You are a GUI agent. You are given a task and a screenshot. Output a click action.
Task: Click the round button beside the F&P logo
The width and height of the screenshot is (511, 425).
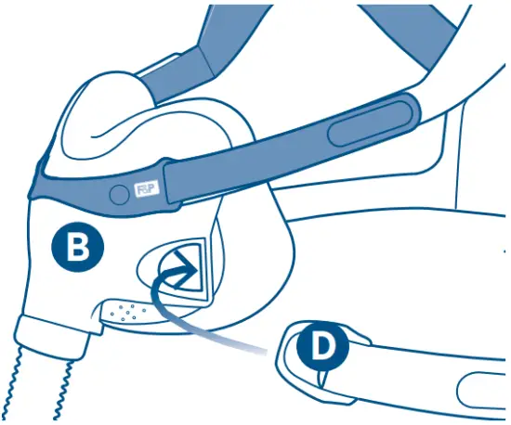(118, 194)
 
